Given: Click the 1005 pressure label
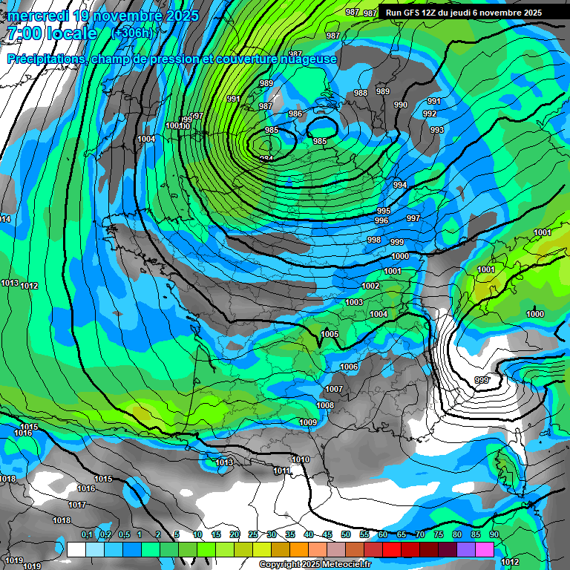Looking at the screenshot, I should (x=330, y=335).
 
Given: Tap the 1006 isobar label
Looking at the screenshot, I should (x=349, y=367).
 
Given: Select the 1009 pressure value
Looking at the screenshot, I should (x=309, y=422).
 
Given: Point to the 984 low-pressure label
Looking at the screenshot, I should (x=266, y=159).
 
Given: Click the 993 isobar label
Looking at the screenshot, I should (x=437, y=130).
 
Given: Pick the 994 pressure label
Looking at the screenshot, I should (x=400, y=185).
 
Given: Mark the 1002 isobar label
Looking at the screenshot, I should (x=371, y=286).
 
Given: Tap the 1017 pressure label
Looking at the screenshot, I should (x=76, y=505).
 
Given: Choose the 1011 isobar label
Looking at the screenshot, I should (x=282, y=471).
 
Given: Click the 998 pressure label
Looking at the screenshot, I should (x=374, y=240).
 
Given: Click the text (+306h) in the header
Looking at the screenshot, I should (x=131, y=33).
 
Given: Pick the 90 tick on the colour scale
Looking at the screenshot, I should (x=494, y=534).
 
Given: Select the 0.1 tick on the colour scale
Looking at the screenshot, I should (x=87, y=534).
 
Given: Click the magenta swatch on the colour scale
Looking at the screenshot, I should (x=485, y=549).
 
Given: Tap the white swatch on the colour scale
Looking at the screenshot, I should (x=76, y=549).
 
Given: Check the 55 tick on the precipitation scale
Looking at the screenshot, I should (x=364, y=534).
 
